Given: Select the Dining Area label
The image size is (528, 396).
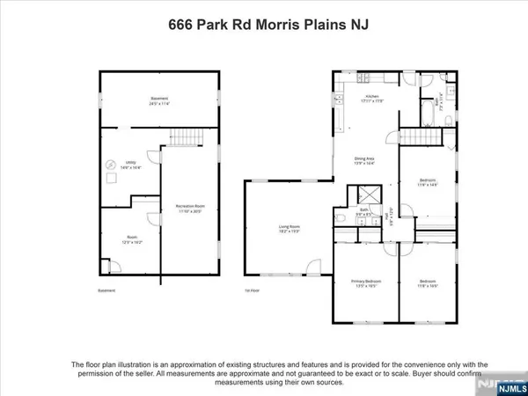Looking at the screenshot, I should [x=364, y=159].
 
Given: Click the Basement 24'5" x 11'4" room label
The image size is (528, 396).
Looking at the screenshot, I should [x=158, y=100].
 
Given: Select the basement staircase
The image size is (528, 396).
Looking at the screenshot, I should [x=184, y=136].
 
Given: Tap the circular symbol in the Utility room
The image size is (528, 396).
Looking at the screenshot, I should [x=112, y=163].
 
